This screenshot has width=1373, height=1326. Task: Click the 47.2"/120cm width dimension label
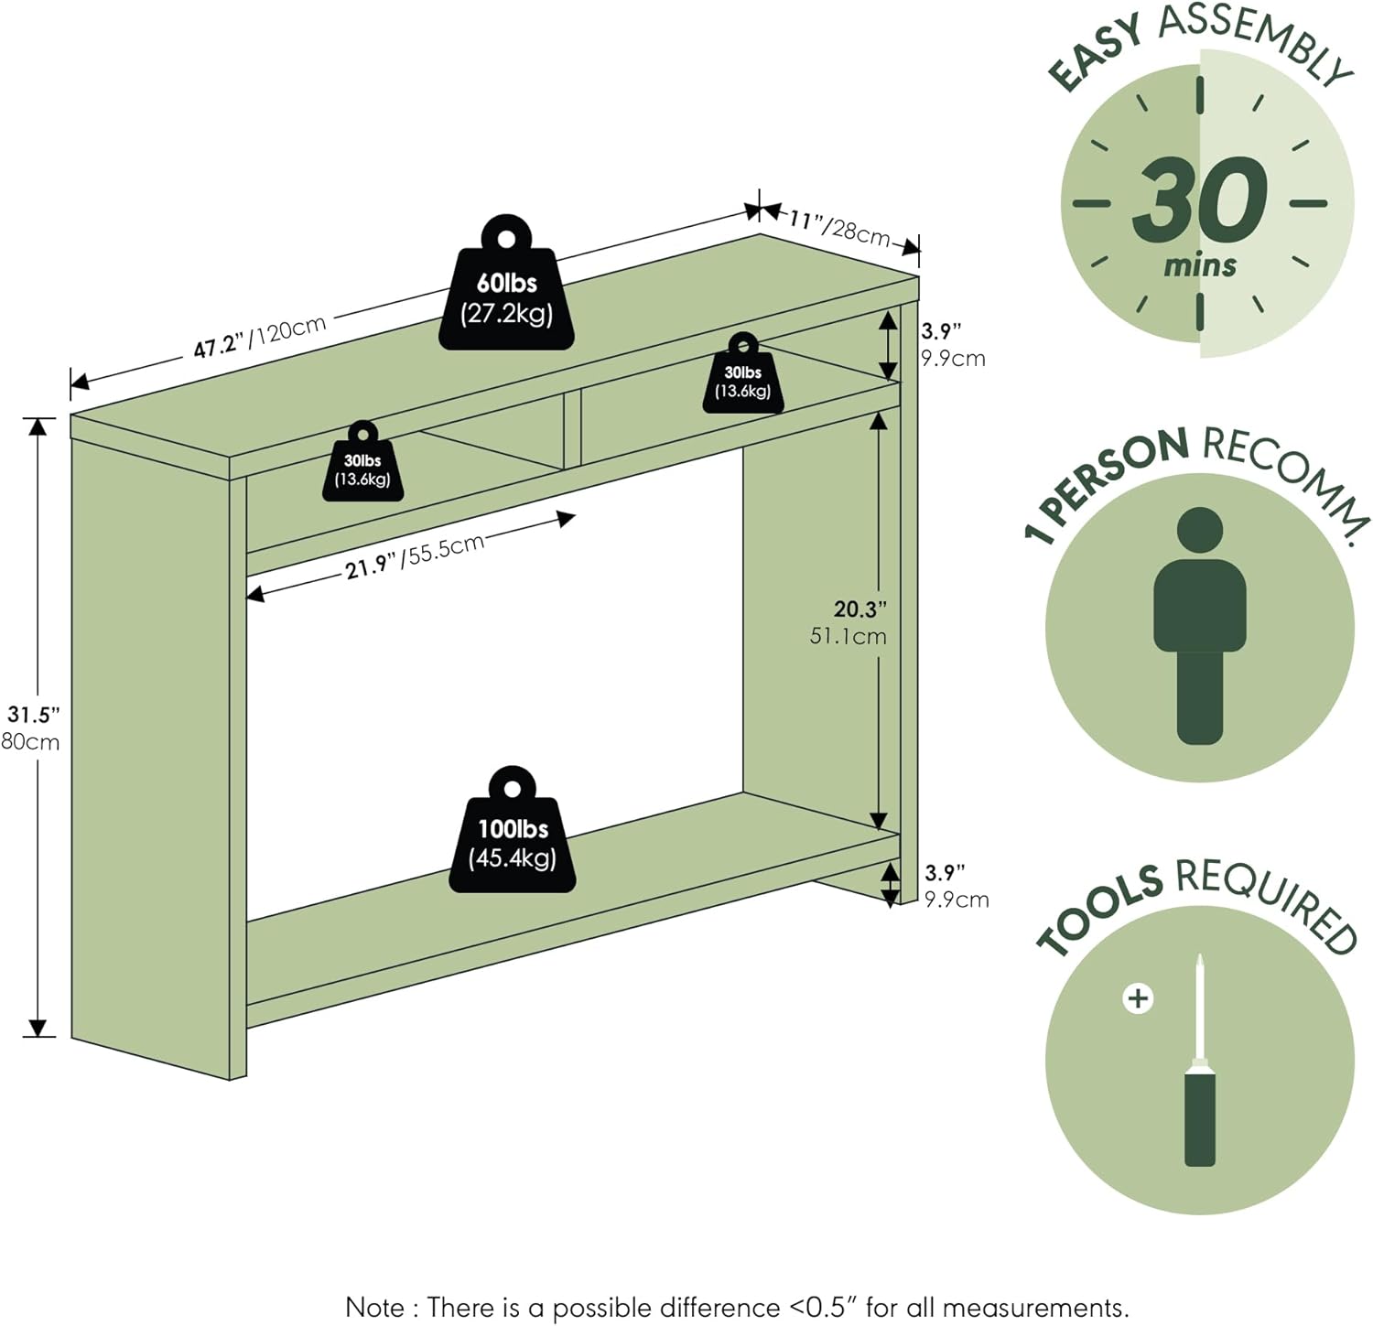coord(259,337)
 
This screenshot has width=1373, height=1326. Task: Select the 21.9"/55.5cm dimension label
coord(414,555)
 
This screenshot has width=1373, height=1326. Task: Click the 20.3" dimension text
coord(859,609)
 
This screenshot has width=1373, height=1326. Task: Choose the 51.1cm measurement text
coord(848,636)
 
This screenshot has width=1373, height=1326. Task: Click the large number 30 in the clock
coord(1199,200)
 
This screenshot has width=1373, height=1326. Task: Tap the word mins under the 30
coord(1199,266)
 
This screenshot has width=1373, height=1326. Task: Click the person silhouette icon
coord(1199,626)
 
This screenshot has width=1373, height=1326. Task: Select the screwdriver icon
coord(1200,1062)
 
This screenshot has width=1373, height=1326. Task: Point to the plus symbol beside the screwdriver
coord(1138,997)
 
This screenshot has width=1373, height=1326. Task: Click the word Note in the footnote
coord(375,1307)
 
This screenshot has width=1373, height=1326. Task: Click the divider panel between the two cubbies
coord(572,428)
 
